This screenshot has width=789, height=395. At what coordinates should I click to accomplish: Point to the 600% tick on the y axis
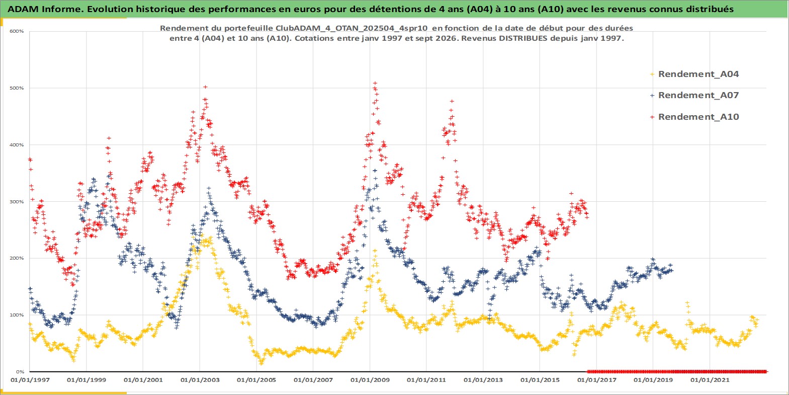pyautogui.click(x=17, y=31)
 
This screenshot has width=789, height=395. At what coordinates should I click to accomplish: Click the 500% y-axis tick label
pyautogui.click(x=17, y=88)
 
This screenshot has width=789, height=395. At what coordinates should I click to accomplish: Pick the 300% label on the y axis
pyautogui.click(x=17, y=202)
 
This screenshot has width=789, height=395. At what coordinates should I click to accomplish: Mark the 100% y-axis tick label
pyautogui.click(x=17, y=315)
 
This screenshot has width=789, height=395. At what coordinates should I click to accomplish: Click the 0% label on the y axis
pyautogui.click(x=20, y=372)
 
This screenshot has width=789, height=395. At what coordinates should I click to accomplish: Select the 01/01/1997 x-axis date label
pyautogui.click(x=30, y=380)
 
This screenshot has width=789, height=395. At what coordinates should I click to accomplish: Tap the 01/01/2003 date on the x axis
pyautogui.click(x=200, y=380)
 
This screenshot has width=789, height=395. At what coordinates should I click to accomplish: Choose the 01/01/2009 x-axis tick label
pyautogui.click(x=370, y=380)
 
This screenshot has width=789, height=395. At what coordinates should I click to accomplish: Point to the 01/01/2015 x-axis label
pyautogui.click(x=540, y=380)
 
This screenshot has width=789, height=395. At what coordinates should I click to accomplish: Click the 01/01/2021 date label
pyautogui.click(x=710, y=380)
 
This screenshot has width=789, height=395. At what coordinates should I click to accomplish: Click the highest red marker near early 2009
pyautogui.click(x=375, y=84)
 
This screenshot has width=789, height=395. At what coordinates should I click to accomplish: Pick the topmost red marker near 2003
pyautogui.click(x=205, y=87)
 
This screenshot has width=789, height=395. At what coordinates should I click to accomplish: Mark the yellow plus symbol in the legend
pyautogui.click(x=652, y=74)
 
